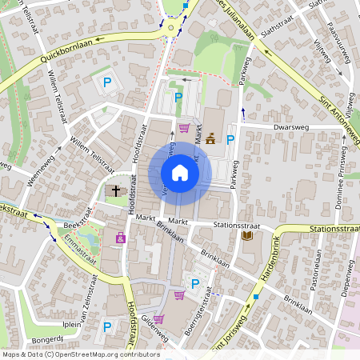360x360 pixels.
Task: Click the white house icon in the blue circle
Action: [179, 173]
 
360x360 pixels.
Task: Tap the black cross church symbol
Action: [116, 191]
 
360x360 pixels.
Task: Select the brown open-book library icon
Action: [246, 236]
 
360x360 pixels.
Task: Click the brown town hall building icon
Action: [210, 138]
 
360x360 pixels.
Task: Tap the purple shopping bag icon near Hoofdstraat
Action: [121, 238]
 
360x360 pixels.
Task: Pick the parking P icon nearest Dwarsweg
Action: [230, 141]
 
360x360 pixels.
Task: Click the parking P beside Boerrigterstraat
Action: [194, 283]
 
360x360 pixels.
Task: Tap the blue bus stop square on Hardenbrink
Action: [256, 297]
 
